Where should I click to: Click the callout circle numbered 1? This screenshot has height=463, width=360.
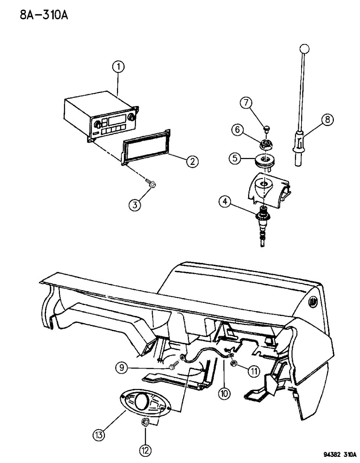point(118,67)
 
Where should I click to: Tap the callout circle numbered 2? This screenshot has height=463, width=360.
point(193,162)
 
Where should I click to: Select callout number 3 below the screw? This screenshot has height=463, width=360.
point(135,205)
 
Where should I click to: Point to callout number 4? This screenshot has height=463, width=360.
point(225,201)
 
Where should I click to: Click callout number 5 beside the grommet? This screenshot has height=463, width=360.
point(235,158)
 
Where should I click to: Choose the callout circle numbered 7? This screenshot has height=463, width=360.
point(246,103)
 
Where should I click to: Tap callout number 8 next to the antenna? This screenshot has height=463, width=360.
point(328,119)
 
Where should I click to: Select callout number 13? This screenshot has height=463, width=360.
point(99,434)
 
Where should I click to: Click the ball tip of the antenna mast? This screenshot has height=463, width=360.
point(304,49)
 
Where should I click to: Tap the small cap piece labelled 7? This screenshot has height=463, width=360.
point(266,129)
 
